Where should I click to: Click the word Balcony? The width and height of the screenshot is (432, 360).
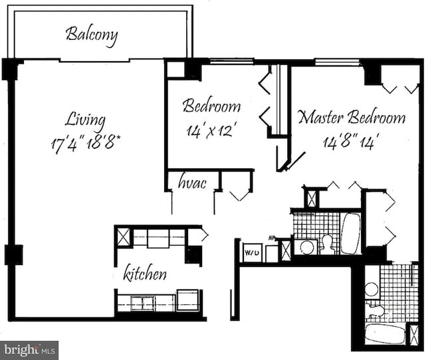tap(92, 35)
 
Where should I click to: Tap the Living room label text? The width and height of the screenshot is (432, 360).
tap(85, 120)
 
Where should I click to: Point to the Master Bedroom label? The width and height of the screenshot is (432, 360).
tap(351, 118)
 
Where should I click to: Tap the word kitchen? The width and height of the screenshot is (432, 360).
tap(145, 273)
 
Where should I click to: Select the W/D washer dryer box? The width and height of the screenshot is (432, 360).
tap(251, 252)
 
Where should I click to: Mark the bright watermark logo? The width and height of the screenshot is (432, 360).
tap(29, 349)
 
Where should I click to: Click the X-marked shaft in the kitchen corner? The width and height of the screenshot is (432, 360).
tap(124, 236)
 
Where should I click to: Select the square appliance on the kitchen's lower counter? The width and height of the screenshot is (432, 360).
tap(187, 300)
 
